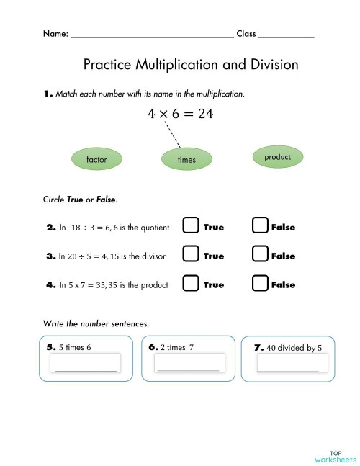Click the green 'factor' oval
coord(96,158)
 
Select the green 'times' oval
coord(186,159)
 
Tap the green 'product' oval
coord(277,157)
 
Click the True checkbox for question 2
coord(190,226)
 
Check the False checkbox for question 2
coord(261,226)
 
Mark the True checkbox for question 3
coord(190,255)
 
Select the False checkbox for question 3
coord(261,255)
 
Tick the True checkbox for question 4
coord(190,284)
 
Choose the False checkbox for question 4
coord(261,284)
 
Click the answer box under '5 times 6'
coord(86,364)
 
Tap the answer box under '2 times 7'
coord(187,364)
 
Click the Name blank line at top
coord(152,34)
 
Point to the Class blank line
coord(286,34)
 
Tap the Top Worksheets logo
coord(335,456)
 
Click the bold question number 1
coord(48,94)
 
